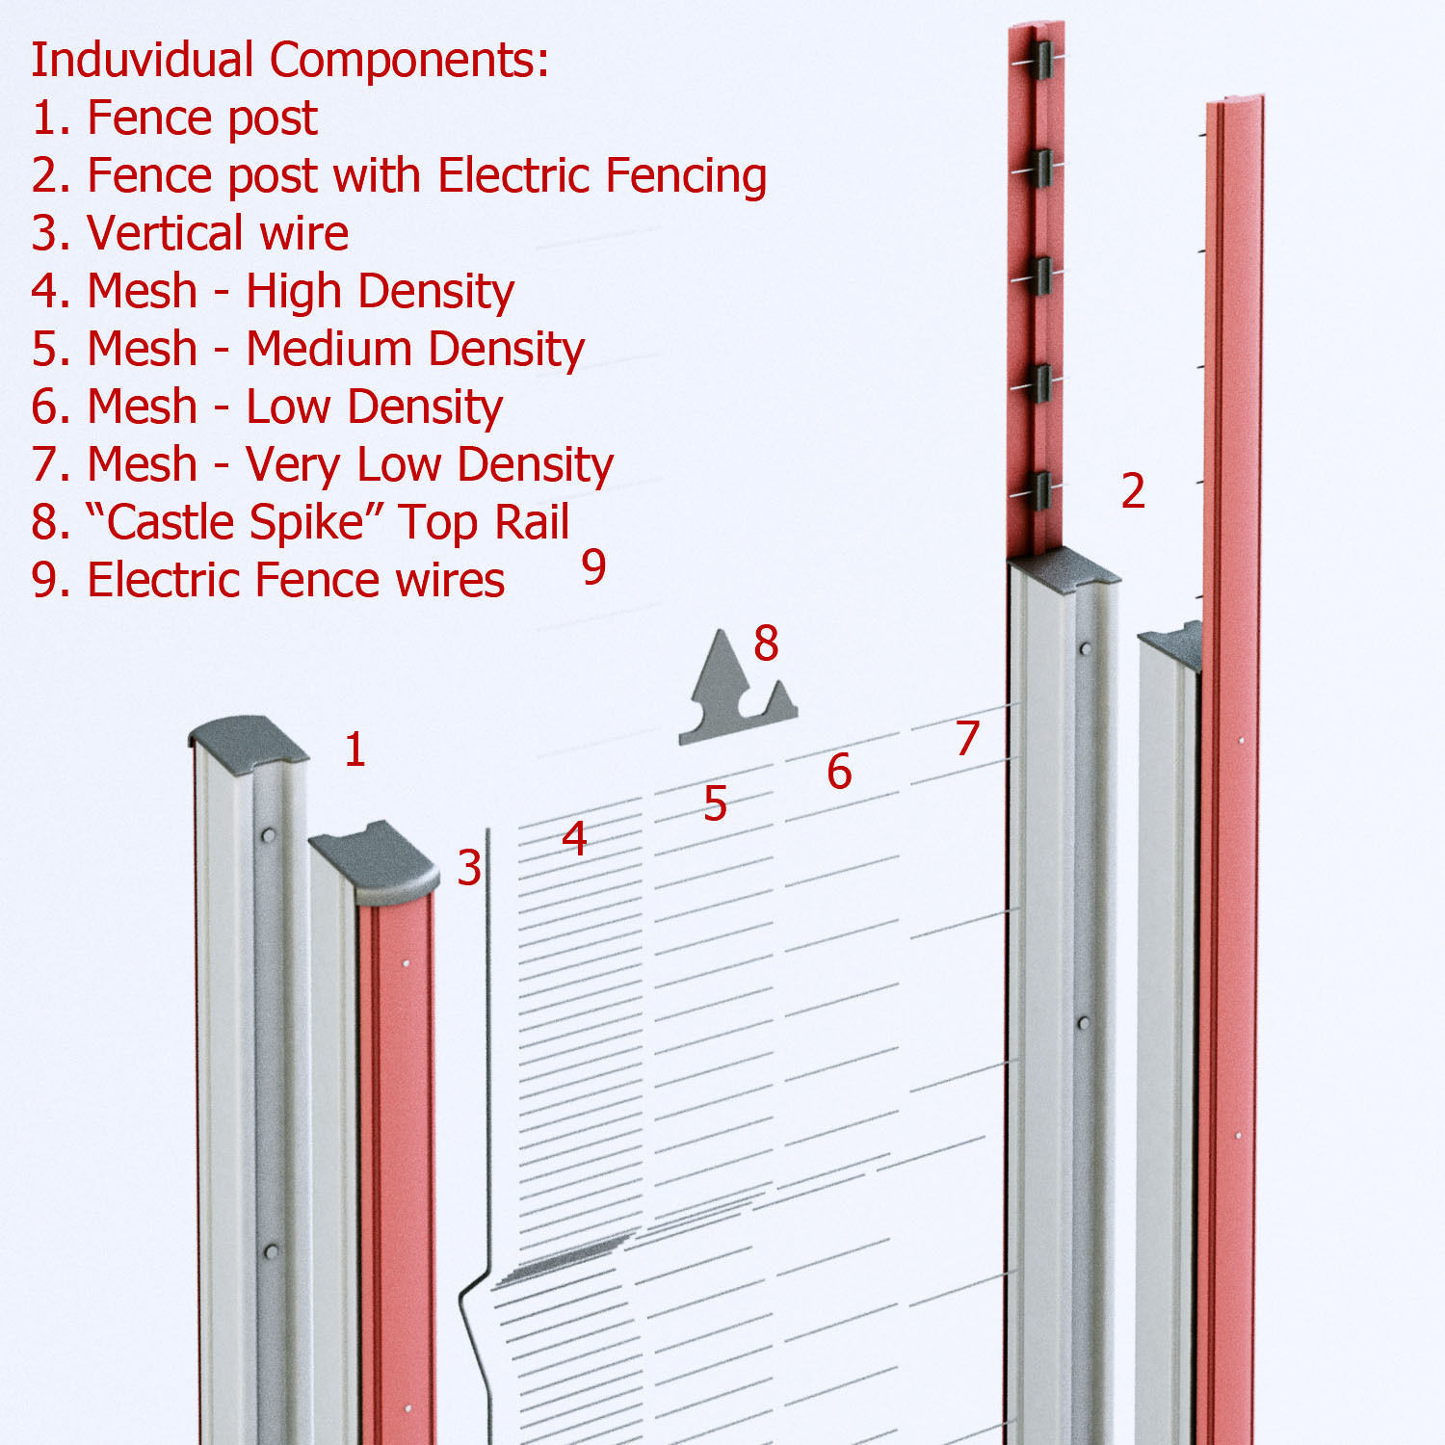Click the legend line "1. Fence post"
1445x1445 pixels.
pyautogui.click(x=174, y=118)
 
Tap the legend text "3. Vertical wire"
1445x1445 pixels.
pyautogui.click(x=190, y=234)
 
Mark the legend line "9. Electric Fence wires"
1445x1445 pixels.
pyautogui.click(x=268, y=581)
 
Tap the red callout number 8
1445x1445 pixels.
pyautogui.click(x=766, y=644)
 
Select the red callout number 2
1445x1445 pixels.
pyautogui.click(x=1133, y=491)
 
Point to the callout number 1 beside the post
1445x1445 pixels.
pyautogui.click(x=355, y=749)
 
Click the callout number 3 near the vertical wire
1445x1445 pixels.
pyautogui.click(x=469, y=869)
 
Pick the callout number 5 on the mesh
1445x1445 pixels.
pyautogui.click(x=715, y=803)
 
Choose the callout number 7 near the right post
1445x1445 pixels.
pyautogui.click(x=967, y=739)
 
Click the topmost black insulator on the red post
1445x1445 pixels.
pyautogui.click(x=1038, y=60)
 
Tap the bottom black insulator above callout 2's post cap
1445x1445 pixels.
pyautogui.click(x=1038, y=490)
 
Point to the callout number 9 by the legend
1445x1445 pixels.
pyautogui.click(x=594, y=566)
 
